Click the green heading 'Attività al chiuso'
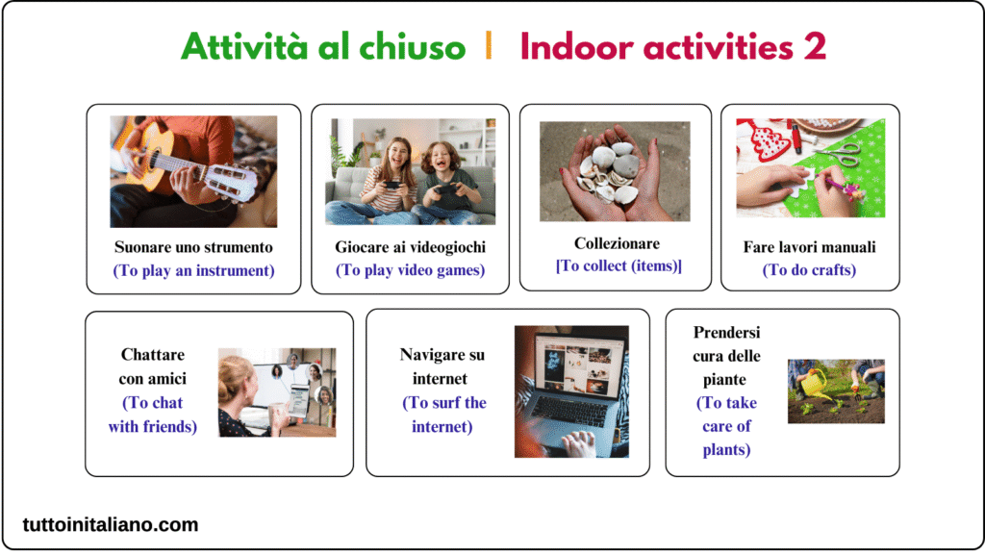323,47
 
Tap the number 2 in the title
814,47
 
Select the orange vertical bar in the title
489,46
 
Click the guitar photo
193,171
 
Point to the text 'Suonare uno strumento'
193,247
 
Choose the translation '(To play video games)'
410,270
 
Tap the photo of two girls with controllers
410,171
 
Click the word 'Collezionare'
617,243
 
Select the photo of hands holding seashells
615,171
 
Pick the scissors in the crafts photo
841,153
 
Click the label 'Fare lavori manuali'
809,247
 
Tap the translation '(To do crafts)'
809,270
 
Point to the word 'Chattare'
153,354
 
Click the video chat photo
277,392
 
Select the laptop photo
571,391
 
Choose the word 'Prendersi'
726,332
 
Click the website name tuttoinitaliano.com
111,524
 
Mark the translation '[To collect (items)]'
619,266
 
